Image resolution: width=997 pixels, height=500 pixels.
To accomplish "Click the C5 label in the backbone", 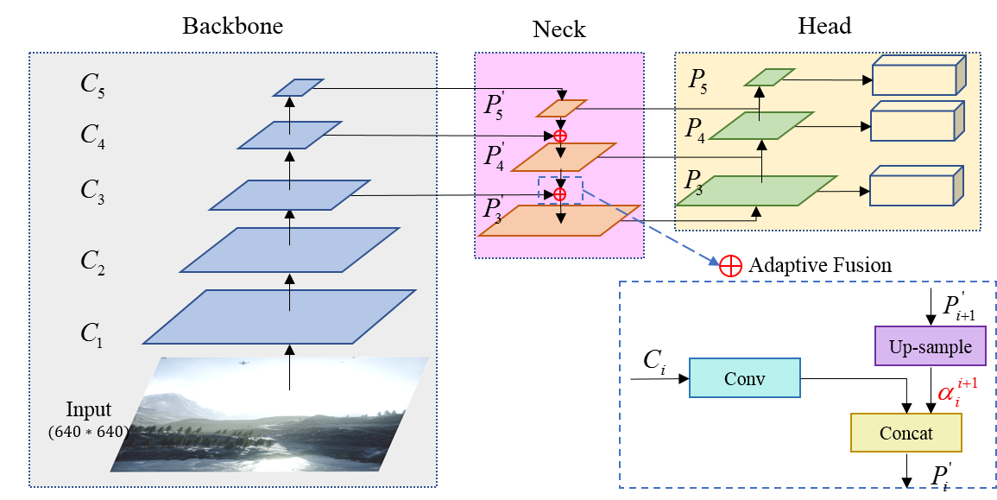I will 92,85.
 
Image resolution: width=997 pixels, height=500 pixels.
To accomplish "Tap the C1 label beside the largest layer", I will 91,334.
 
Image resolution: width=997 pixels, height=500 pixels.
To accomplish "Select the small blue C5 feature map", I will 298,87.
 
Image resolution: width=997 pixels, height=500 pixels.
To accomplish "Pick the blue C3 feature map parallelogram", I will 290,195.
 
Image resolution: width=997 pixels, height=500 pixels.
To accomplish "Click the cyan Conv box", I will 745,378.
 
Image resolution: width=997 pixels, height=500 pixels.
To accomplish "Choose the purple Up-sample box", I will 930,347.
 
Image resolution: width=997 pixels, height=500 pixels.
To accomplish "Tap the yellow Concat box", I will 906,433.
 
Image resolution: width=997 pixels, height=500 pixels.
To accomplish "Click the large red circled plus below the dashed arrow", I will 730,266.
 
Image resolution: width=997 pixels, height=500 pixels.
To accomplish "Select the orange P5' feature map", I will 561,108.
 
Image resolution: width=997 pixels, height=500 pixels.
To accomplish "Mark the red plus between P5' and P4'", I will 560,136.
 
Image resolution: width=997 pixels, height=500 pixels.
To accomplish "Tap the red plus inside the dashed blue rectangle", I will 560,194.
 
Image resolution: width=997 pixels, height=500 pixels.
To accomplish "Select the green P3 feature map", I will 756,191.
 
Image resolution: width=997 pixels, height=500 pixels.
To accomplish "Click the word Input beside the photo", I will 89,409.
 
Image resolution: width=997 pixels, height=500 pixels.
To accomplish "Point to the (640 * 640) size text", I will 88,430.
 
